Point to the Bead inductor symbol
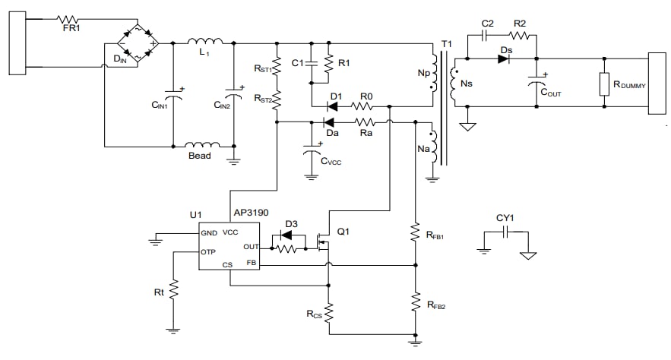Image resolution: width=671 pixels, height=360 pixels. pos(203,144)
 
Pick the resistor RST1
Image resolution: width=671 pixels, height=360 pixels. pos(277,64)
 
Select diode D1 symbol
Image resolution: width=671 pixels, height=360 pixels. pos(334,105)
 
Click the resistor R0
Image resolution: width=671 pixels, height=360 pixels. pos(366,105)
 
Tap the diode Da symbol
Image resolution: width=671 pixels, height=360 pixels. pos(330,122)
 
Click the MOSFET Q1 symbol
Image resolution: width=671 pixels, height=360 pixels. pos(323,242)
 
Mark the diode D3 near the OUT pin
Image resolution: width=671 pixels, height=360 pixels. pos(288,234)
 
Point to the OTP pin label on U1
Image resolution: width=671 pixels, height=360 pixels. pos(210,251)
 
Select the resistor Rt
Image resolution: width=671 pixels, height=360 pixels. pos(173,290)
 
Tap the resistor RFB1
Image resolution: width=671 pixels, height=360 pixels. pos(415,232)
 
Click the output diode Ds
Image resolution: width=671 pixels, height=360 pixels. pos(503,58)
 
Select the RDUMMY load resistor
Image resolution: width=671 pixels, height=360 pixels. pos(604,84)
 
